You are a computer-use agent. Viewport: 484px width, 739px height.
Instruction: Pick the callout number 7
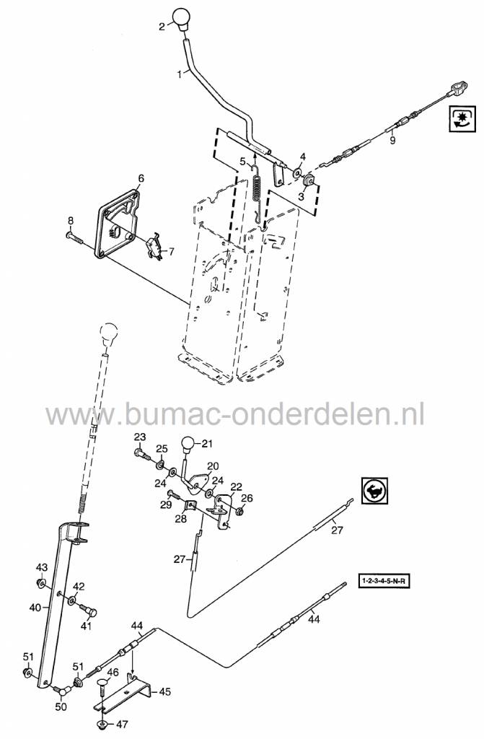[172, 251]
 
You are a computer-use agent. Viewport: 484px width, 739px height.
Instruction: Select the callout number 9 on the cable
[392, 141]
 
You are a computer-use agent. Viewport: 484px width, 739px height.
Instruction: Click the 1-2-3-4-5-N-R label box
[388, 580]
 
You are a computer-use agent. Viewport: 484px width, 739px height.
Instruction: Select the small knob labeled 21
[189, 445]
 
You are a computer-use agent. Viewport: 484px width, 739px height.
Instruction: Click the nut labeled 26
[239, 512]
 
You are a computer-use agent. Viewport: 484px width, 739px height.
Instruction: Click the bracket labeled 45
[130, 691]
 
